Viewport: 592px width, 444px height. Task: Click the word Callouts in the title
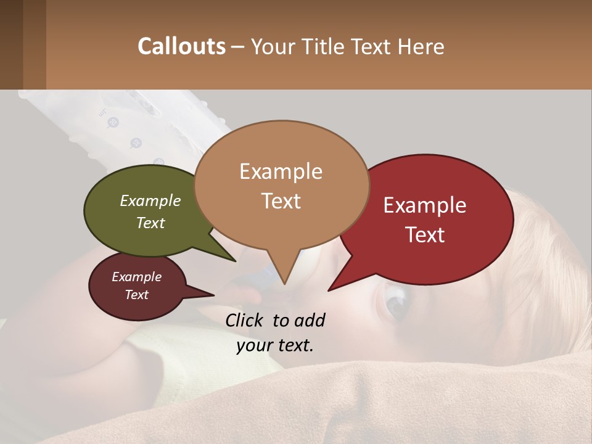181,46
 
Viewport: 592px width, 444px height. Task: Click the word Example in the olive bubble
150,200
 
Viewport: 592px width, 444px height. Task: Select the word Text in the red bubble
425,235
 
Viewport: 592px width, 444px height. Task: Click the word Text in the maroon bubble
136,295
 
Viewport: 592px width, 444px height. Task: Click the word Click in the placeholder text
245,320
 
